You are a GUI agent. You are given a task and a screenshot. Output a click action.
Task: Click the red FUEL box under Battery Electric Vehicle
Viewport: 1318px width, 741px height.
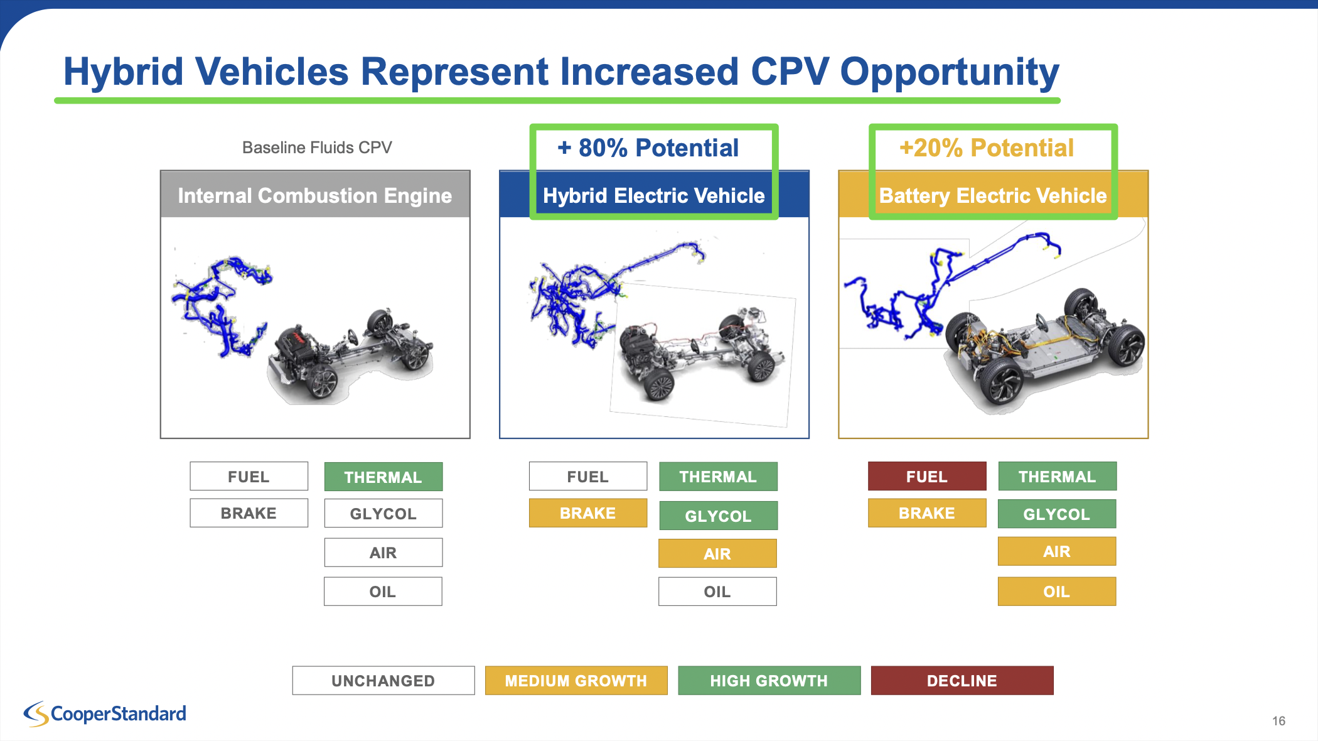click(927, 476)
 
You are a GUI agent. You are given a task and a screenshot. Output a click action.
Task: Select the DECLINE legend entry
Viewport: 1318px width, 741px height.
click(962, 680)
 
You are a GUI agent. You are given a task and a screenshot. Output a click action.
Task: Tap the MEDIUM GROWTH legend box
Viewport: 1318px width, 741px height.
click(576, 680)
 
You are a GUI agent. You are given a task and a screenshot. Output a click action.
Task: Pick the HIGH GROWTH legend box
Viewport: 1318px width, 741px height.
click(769, 680)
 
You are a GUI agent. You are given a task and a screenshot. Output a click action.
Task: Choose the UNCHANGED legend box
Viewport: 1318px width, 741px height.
click(383, 680)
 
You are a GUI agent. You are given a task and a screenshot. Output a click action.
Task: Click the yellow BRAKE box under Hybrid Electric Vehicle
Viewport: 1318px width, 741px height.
click(588, 512)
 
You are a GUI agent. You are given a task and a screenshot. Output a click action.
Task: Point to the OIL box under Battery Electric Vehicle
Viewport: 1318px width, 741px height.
click(1057, 591)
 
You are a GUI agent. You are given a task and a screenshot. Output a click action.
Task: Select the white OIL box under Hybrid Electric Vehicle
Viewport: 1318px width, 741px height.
click(717, 591)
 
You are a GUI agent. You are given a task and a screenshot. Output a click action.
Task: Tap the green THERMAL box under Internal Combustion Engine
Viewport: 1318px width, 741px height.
click(383, 477)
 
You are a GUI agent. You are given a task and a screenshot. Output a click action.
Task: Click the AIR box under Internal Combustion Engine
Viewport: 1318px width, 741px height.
click(383, 552)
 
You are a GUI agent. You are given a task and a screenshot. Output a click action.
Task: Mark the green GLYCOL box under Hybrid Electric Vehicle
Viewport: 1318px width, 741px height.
click(719, 516)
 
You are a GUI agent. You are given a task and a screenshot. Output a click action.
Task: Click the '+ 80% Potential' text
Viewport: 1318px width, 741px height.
click(648, 148)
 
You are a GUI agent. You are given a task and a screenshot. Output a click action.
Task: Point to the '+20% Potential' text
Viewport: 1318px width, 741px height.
click(987, 148)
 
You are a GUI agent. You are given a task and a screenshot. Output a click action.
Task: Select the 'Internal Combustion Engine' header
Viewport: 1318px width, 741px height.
click(315, 195)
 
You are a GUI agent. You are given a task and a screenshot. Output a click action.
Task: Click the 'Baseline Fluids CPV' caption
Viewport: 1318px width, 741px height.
click(317, 148)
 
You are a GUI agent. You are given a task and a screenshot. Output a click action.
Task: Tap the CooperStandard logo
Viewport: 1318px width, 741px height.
click(105, 714)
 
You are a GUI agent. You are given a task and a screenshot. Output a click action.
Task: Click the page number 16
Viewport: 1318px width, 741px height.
click(1278, 721)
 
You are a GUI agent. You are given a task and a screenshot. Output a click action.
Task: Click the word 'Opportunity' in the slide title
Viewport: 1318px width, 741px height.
click(950, 72)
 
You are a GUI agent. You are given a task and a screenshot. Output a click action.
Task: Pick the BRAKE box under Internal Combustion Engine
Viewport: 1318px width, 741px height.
click(249, 512)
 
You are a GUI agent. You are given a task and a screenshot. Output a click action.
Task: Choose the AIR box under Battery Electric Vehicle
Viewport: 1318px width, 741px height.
click(1057, 551)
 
